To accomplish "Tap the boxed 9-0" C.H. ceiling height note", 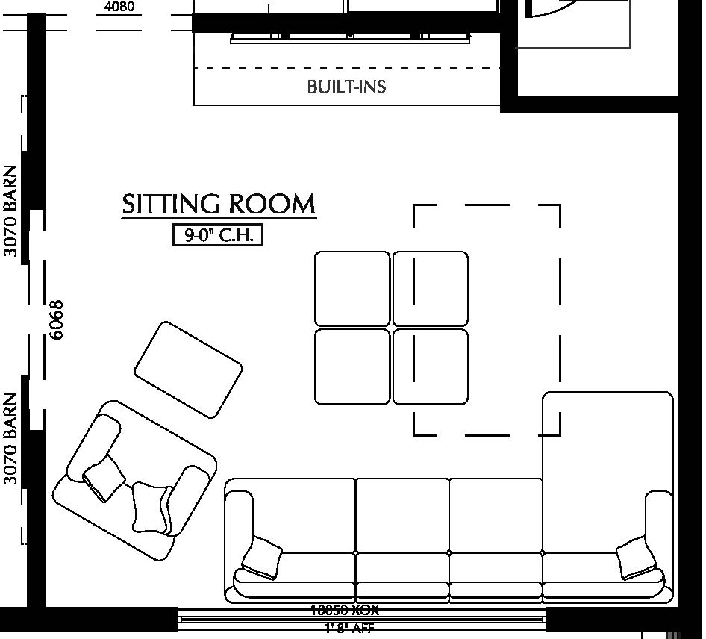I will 218,235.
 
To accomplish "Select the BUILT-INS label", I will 346,87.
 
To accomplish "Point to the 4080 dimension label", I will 119,7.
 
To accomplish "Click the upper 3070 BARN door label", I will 10,211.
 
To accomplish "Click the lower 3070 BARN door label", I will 10,438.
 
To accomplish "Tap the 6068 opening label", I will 56,319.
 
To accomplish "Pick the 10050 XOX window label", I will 345,610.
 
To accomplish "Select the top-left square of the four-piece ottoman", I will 352,288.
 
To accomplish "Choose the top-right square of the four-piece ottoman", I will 431,288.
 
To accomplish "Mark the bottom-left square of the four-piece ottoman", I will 352,367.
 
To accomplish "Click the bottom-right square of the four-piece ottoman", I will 431,367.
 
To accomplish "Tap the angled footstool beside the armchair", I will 188,370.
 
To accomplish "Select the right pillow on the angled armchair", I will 151,508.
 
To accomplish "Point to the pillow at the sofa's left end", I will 261,558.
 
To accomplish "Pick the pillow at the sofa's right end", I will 636,558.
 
